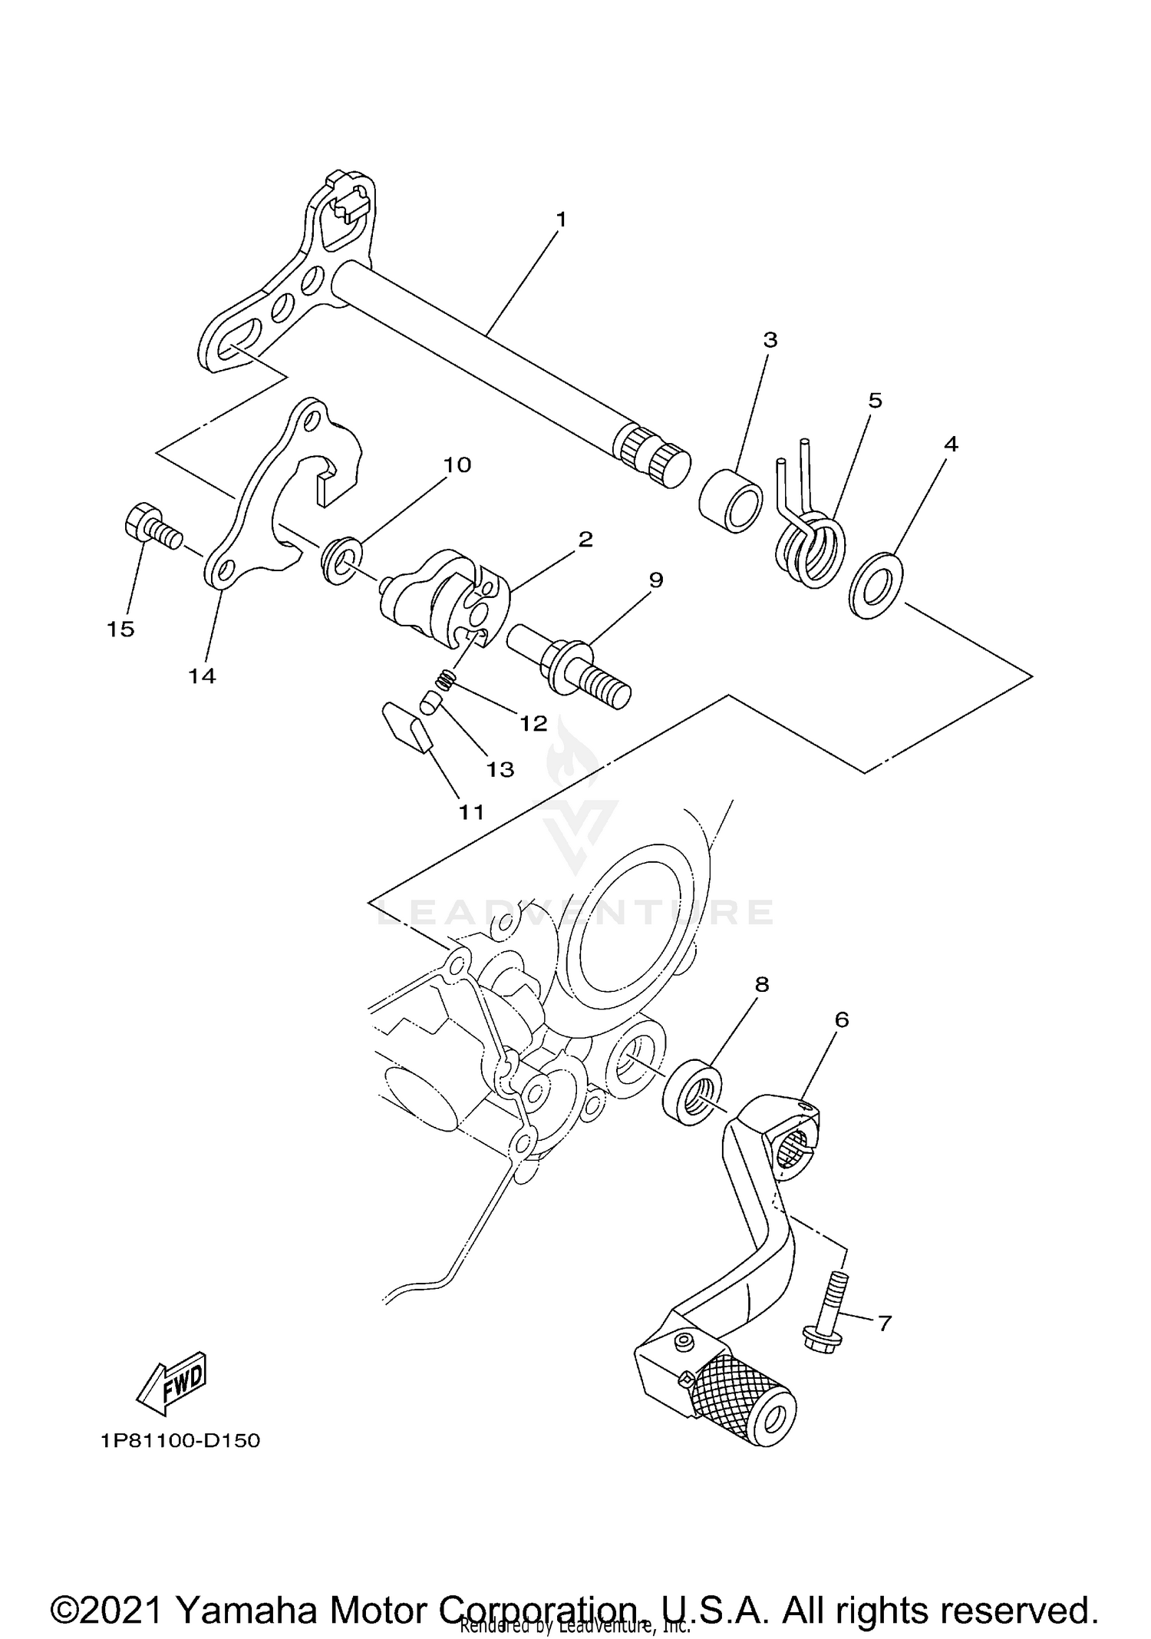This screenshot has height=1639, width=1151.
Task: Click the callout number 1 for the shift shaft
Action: (x=561, y=220)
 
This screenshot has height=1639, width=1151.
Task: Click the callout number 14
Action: (x=203, y=676)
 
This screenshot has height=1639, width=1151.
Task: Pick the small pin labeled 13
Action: (x=430, y=702)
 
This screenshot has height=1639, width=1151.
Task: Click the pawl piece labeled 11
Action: (x=408, y=728)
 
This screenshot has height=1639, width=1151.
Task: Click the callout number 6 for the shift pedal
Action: (x=842, y=1019)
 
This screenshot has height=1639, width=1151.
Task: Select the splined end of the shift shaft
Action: (x=652, y=458)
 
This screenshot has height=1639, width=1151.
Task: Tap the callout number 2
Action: (x=585, y=539)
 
